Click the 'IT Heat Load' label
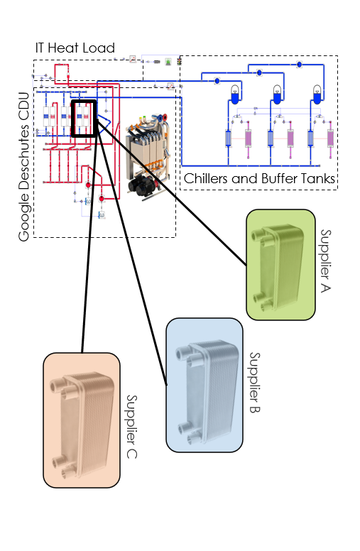point(75,48)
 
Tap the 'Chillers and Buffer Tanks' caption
point(259,178)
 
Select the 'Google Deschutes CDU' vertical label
point(24,167)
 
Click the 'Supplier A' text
point(325,261)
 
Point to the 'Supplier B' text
point(254,382)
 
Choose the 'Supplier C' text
point(131,427)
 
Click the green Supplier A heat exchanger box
point(280,265)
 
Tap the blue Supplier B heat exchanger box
point(204,385)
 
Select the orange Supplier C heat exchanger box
point(82,420)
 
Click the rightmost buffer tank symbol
point(317,94)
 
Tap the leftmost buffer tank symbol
point(235,94)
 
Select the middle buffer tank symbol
point(277,94)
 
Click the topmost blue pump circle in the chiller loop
point(299,65)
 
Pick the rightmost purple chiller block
point(330,138)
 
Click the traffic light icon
point(180,62)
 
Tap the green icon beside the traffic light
point(168,62)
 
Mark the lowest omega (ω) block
point(102,215)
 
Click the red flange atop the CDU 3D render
point(163,117)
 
